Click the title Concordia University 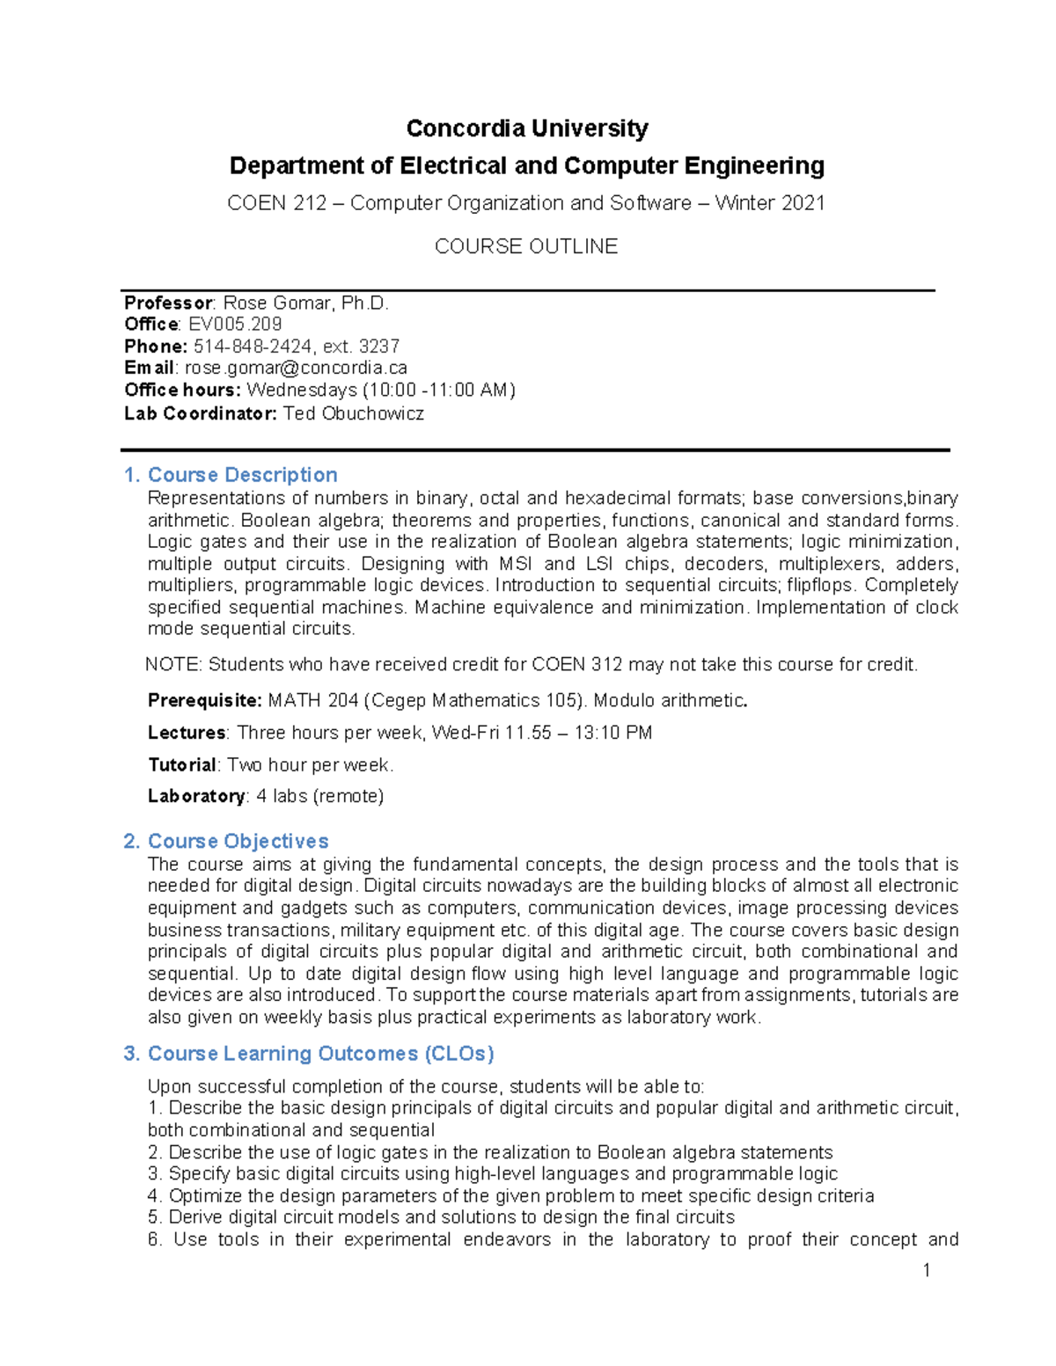[526, 128]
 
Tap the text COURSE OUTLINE [526, 246]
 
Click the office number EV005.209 [235, 325]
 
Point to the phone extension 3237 [379, 347]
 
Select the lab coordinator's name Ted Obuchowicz [353, 413]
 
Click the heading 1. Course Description [231, 475]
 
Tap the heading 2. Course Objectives [226, 841]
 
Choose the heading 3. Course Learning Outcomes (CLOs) [309, 1054]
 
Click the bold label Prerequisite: [204, 701]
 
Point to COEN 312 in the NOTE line [576, 665]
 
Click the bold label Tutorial [181, 765]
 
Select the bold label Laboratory [196, 796]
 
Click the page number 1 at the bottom [926, 1270]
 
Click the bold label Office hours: [182, 390]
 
